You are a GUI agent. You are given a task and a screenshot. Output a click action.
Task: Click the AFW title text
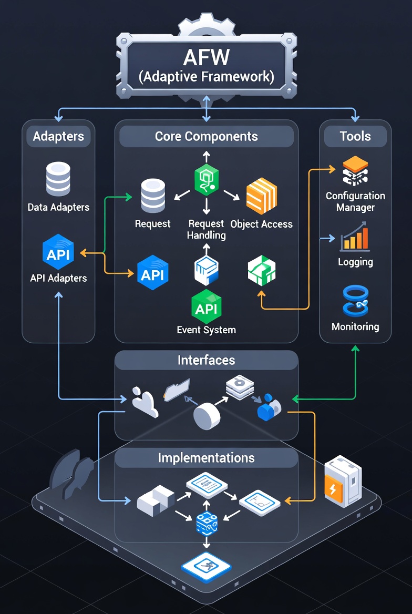pyautogui.click(x=206, y=57)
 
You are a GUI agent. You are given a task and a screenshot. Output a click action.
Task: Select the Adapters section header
pyautogui.click(x=58, y=137)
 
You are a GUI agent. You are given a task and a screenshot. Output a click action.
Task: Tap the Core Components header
pyautogui.click(x=206, y=137)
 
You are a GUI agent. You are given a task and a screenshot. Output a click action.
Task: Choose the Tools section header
pyautogui.click(x=355, y=137)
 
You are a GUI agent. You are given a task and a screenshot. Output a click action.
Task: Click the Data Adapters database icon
pyautogui.click(x=58, y=179)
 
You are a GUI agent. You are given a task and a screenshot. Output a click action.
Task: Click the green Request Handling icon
pyautogui.click(x=206, y=180)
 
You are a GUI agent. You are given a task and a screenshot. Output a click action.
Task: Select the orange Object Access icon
pyautogui.click(x=261, y=196)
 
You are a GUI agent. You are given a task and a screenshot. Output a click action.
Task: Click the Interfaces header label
pyautogui.click(x=206, y=361)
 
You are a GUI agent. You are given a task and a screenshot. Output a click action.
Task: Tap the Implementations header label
pyautogui.click(x=206, y=458)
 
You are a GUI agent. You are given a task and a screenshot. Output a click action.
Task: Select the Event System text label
pyautogui.click(x=206, y=331)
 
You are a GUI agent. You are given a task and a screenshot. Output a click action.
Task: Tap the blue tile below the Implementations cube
pyautogui.click(x=206, y=567)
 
